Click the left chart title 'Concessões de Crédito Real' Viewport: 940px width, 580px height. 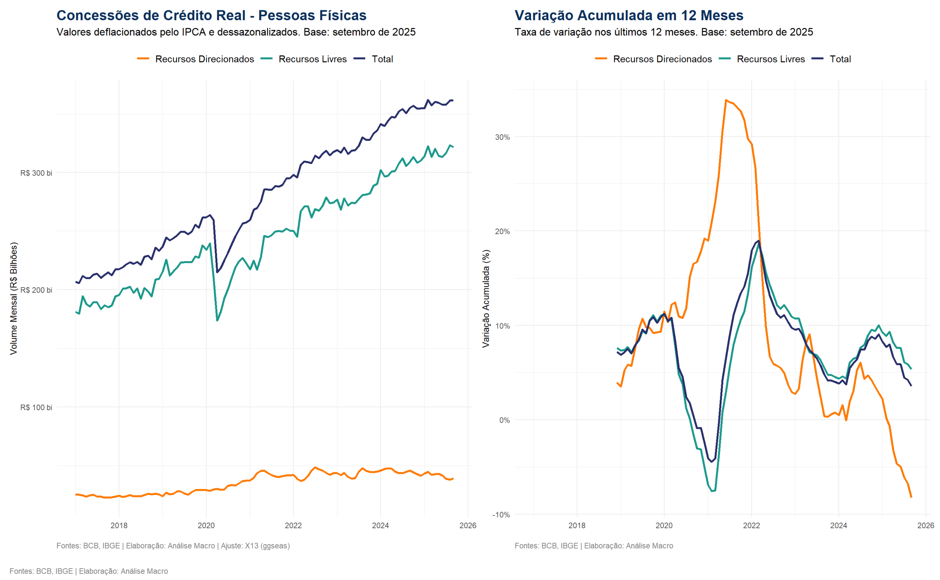(211, 15)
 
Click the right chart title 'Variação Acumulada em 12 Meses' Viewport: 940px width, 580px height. (628, 15)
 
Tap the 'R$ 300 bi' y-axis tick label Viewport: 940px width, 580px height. (36, 173)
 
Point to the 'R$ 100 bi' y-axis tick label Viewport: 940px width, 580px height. (36, 407)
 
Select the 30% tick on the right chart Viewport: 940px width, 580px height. (502, 137)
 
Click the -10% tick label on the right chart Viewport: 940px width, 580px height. (501, 515)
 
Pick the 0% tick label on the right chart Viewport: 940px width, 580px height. (504, 420)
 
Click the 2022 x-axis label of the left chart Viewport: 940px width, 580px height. (293, 526)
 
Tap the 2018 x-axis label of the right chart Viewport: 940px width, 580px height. (576, 526)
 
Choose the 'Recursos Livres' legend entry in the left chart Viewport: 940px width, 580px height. (312, 59)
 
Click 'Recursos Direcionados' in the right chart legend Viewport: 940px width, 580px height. (662, 59)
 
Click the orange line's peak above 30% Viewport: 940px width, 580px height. (726, 100)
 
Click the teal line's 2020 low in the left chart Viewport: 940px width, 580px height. (217, 320)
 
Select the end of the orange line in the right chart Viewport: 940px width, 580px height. (911, 497)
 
